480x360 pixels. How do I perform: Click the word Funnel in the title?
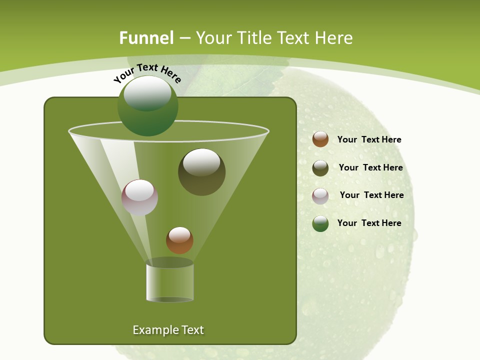point(146,38)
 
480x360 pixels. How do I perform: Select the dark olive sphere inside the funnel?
point(202,172)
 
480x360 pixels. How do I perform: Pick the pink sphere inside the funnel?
point(140,197)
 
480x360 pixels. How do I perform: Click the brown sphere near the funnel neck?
point(179,240)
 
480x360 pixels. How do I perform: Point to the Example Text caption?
point(168,330)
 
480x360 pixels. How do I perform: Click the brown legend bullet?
point(320,139)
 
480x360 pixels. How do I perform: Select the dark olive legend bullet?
point(320,168)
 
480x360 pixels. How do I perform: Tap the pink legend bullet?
point(320,196)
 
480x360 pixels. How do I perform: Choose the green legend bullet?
point(320,223)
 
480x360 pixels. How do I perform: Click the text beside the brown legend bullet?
point(369,140)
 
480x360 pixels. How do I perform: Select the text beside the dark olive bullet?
point(370,168)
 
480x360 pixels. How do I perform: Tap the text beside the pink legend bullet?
point(371,195)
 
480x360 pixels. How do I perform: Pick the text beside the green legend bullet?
point(369,223)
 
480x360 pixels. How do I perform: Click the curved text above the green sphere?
point(147,73)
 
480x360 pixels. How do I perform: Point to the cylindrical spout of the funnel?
point(170,282)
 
